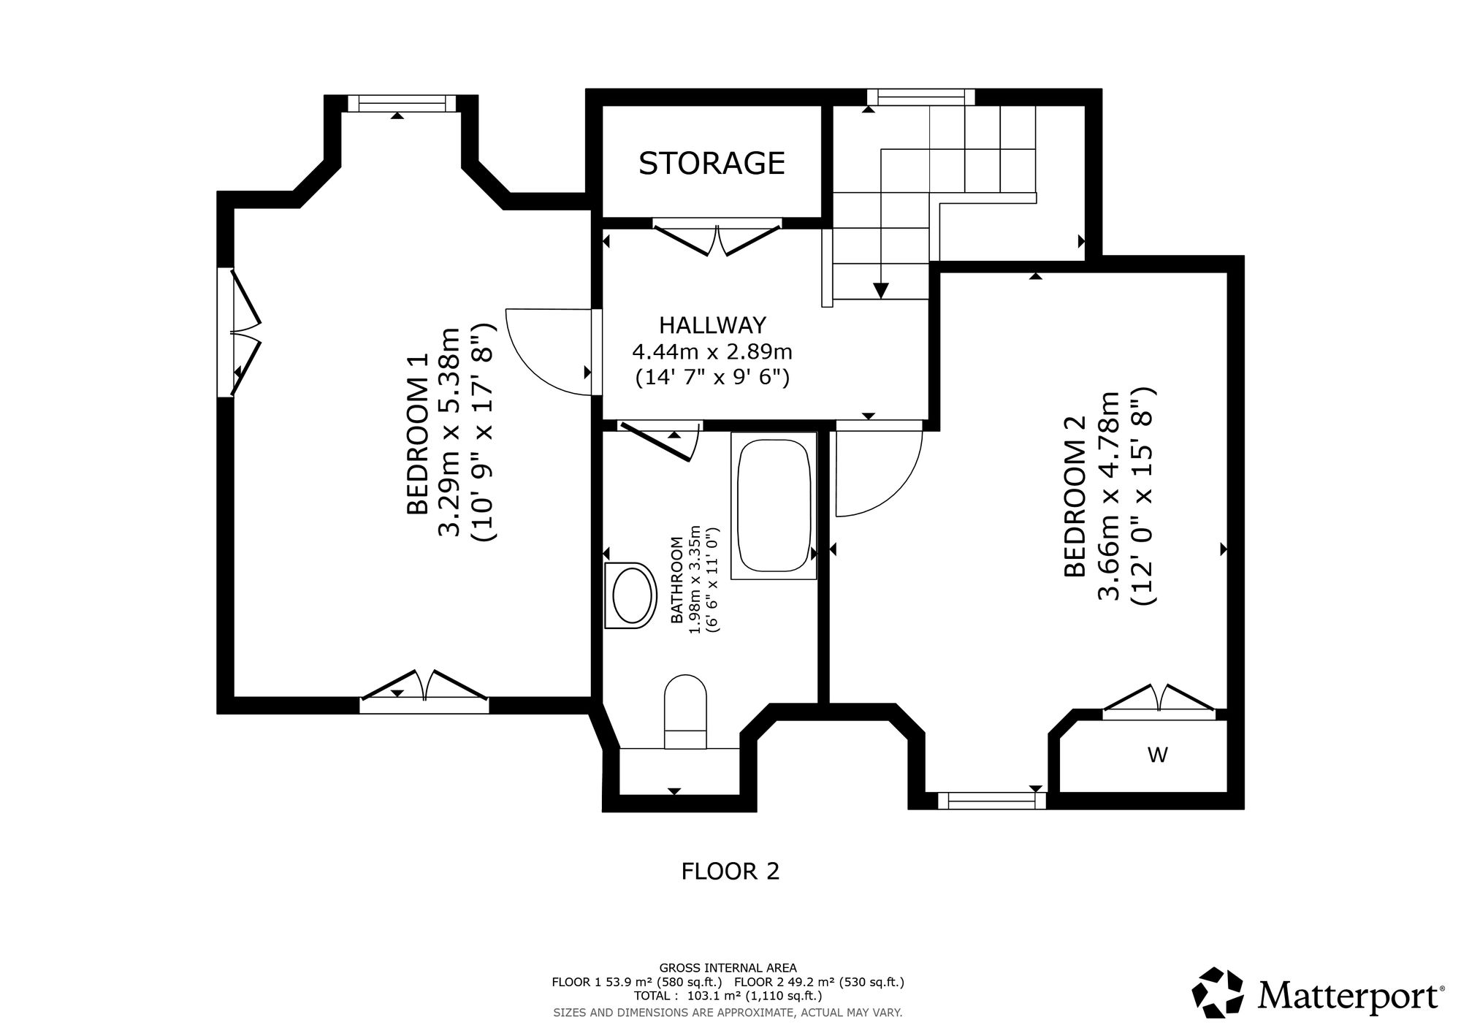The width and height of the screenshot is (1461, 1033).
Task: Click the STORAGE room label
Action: tap(712, 163)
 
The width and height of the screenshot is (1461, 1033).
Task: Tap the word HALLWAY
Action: tap(712, 324)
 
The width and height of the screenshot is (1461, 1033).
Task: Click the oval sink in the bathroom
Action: tap(630, 595)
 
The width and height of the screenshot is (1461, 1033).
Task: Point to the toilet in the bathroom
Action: tap(685, 711)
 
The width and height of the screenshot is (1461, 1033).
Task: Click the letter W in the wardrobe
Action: tap(1158, 755)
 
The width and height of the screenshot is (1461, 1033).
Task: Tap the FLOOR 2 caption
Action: tap(730, 871)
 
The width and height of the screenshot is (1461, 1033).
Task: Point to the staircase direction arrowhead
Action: tap(881, 290)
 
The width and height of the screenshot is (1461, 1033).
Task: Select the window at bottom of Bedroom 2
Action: tap(991, 801)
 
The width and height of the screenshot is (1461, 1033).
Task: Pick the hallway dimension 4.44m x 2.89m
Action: tap(712, 352)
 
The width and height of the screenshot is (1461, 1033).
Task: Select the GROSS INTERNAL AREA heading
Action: tap(728, 968)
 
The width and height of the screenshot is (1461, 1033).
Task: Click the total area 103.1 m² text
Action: tap(728, 996)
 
